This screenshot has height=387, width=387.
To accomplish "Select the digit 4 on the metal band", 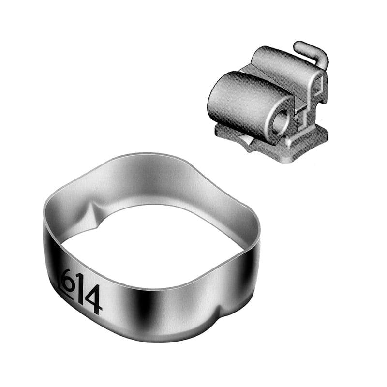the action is point(93,299).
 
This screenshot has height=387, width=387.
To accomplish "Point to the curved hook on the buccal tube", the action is point(312,54).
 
